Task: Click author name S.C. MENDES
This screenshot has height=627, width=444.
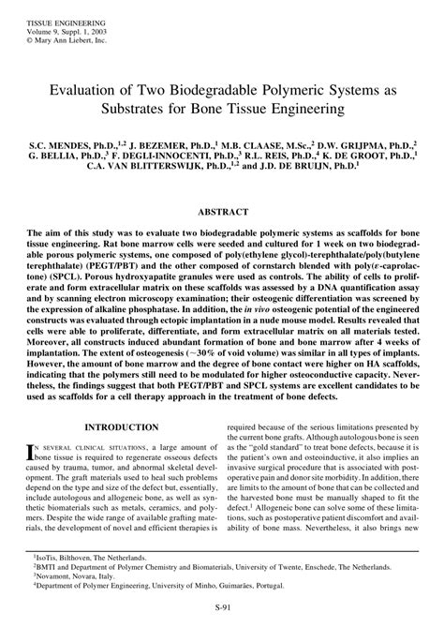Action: point(74,148)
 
